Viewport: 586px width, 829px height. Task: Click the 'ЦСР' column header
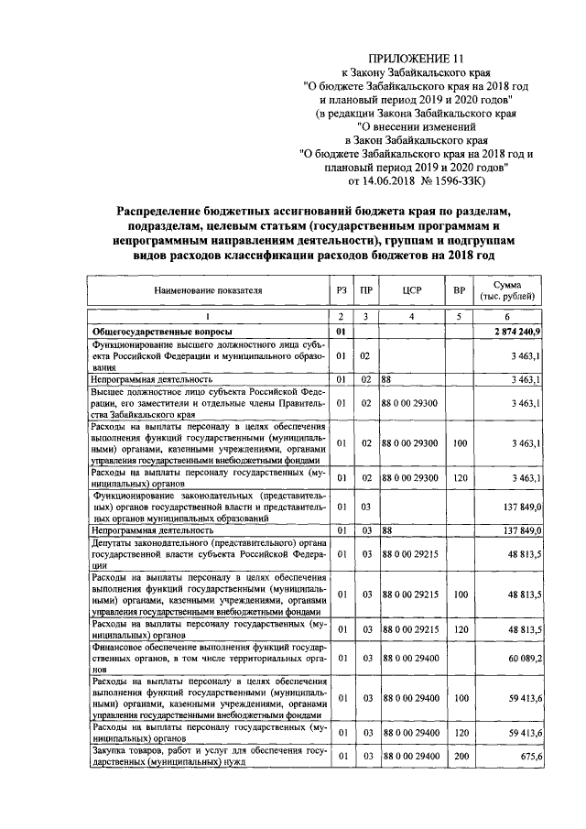pyautogui.click(x=411, y=290)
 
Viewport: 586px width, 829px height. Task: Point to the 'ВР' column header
pyautogui.click(x=459, y=290)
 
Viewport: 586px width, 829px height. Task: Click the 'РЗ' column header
pyautogui.click(x=342, y=290)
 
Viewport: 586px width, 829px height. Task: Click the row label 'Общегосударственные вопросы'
pyautogui.click(x=160, y=330)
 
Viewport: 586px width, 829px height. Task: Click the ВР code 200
pyautogui.click(x=459, y=756)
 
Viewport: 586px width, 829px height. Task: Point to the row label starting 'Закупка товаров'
pyautogui.click(x=208, y=756)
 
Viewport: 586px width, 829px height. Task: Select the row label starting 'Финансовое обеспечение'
pyautogui.click(x=208, y=658)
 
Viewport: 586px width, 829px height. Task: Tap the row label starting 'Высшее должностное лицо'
pyautogui.click(x=208, y=402)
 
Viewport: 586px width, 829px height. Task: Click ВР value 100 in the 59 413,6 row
pyautogui.click(x=459, y=698)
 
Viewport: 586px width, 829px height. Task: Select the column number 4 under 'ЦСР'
pyautogui.click(x=411, y=315)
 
